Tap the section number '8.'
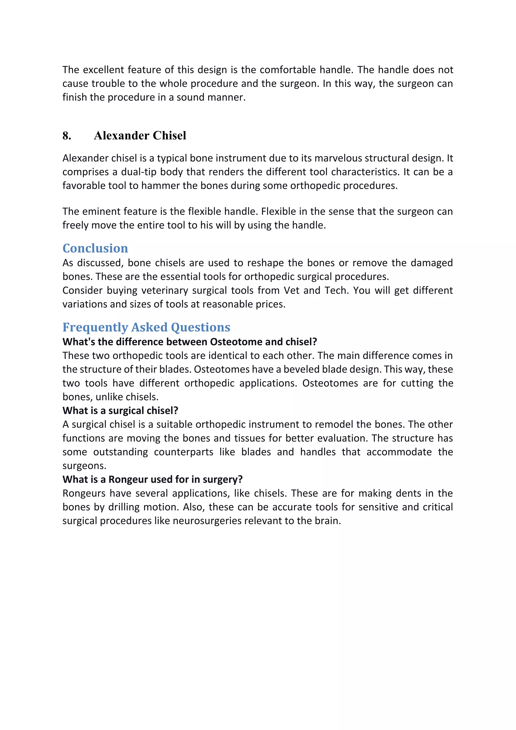[67, 136]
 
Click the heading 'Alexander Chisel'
[140, 136]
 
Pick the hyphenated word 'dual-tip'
[139, 172]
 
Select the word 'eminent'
[102, 211]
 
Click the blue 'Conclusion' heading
[95, 248]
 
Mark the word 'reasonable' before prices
[227, 304]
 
